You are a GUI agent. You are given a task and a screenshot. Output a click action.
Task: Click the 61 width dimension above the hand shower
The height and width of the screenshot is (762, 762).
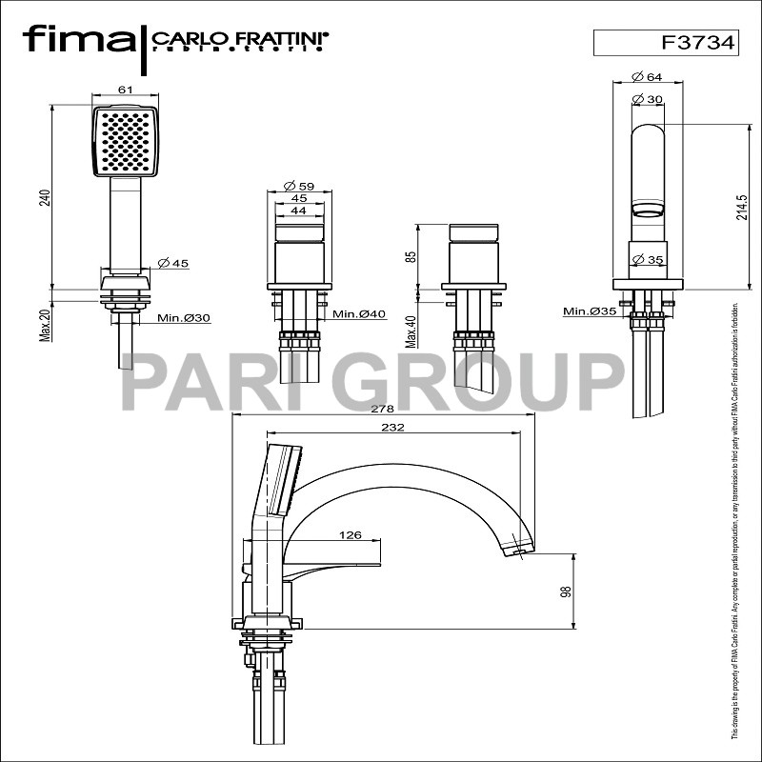[x=125, y=89]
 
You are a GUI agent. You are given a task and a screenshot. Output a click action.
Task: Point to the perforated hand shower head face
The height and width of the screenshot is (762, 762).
[x=125, y=140]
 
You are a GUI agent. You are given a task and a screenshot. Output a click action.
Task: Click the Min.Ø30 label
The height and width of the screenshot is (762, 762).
[x=183, y=317]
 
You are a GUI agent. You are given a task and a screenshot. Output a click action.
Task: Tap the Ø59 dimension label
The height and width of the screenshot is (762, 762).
[x=300, y=186]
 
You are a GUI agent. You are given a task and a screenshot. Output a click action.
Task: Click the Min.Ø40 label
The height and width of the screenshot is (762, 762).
[x=358, y=314]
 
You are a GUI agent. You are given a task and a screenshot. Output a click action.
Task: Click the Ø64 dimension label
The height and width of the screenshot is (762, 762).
[x=648, y=78]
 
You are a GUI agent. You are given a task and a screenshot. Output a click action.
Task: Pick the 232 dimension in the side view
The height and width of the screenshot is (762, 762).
[x=391, y=428]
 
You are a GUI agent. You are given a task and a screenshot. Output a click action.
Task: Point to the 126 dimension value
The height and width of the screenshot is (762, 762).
[x=350, y=536]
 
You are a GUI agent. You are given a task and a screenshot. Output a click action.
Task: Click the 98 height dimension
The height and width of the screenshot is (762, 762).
[x=566, y=592]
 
